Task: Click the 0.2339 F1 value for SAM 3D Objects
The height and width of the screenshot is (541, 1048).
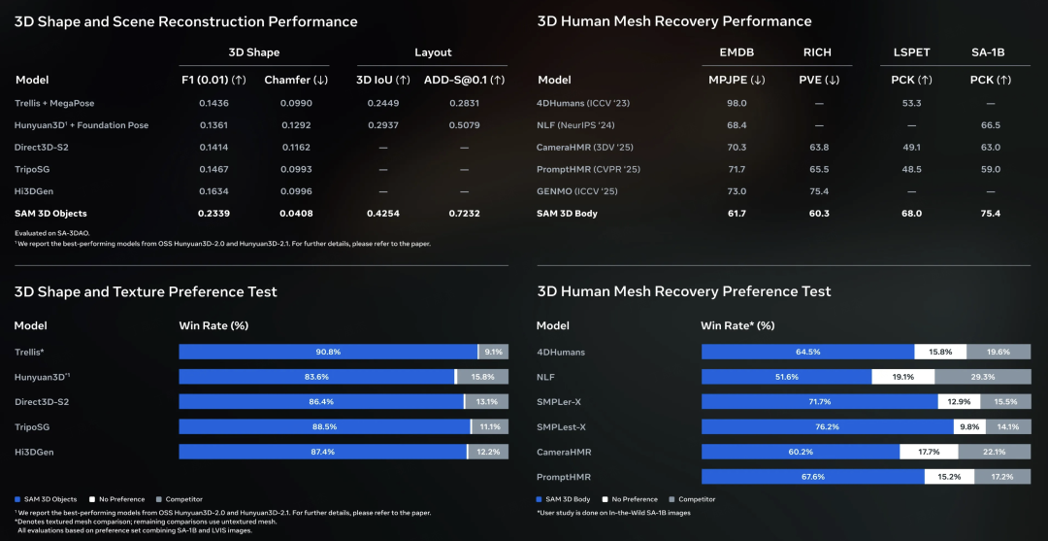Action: tap(214, 214)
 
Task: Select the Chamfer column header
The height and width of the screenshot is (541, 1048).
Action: tap(295, 80)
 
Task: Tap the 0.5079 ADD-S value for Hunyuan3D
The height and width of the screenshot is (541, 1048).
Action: tap(464, 125)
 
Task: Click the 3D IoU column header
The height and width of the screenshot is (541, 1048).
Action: tap(382, 80)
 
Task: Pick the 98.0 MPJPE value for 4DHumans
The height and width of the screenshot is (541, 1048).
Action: tap(737, 103)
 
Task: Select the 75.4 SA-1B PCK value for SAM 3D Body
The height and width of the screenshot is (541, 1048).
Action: tap(990, 214)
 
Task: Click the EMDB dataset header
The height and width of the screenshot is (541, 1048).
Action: tap(737, 52)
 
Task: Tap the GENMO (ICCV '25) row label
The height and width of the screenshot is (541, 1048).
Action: tap(575, 191)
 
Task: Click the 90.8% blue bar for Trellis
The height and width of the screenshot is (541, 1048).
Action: tap(328, 352)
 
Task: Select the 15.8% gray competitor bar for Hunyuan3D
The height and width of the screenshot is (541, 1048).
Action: tap(483, 377)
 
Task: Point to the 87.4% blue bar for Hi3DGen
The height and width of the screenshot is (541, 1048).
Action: tap(322, 452)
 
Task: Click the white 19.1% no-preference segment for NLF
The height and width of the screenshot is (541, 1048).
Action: tap(902, 377)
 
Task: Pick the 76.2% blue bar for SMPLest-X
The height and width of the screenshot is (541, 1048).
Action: tap(828, 426)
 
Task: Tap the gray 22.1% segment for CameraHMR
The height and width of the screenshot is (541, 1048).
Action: tap(994, 452)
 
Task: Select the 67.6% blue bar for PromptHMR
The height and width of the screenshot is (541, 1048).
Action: tap(812, 477)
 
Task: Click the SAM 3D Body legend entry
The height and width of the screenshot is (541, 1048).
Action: tap(568, 499)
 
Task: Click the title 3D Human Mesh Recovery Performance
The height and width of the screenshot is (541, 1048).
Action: tap(673, 21)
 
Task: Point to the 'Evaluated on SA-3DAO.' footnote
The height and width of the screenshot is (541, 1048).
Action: tap(50, 233)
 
